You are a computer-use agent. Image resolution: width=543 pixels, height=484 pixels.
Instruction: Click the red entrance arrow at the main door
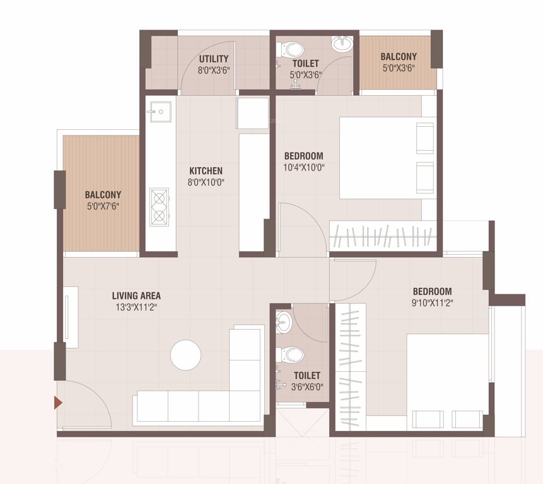pos(58,402)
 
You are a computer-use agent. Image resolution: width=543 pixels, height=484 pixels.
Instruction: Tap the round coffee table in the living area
pos(185,355)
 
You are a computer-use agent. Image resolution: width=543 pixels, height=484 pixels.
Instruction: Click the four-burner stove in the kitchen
pos(159,207)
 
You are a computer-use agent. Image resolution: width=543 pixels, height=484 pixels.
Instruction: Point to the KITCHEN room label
pos(206,171)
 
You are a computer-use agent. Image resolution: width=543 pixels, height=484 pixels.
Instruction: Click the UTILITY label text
pos(214,59)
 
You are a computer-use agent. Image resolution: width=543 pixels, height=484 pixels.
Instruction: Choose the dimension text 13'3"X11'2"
pos(136,308)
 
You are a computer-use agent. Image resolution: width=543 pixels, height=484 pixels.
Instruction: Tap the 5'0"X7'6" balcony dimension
pos(103,206)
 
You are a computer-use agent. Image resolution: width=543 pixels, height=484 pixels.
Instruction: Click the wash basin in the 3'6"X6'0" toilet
pos(283,320)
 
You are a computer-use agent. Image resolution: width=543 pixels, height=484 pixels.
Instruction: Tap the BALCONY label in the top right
pos(399,56)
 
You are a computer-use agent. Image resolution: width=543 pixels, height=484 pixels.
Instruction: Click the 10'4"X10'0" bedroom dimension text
pos(303,168)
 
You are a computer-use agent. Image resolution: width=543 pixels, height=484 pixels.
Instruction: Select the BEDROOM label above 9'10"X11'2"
pos(432,291)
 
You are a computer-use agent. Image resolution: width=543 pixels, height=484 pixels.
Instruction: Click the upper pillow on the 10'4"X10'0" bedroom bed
pos(425,138)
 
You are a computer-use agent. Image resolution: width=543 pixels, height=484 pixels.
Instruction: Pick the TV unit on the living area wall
pos(71,316)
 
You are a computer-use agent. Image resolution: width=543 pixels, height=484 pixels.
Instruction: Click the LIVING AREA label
pos(136,296)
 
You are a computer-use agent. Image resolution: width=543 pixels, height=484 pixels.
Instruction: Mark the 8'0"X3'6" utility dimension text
pos(214,71)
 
